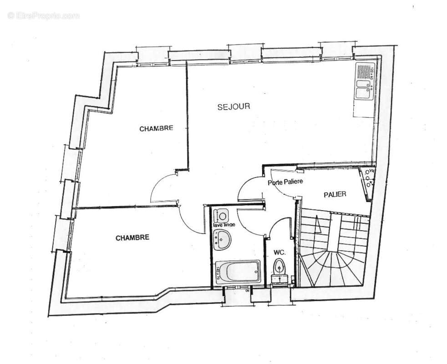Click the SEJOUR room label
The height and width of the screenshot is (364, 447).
pyautogui.click(x=234, y=107)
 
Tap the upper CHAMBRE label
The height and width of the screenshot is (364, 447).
pyautogui.click(x=156, y=129)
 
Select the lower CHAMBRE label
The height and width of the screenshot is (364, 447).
pyautogui.click(x=132, y=238)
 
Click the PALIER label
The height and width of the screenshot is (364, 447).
pyautogui.click(x=335, y=194)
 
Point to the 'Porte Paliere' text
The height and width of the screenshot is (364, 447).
pyautogui.click(x=285, y=182)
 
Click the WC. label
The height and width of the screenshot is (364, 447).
pyautogui.click(x=279, y=252)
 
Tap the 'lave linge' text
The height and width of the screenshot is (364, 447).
pyautogui.click(x=223, y=225)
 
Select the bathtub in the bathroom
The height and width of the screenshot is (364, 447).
pyautogui.click(x=237, y=272)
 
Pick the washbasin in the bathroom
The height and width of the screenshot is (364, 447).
pyautogui.click(x=222, y=238)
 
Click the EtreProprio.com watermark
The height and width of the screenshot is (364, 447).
pyautogui.click(x=43, y=16)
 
